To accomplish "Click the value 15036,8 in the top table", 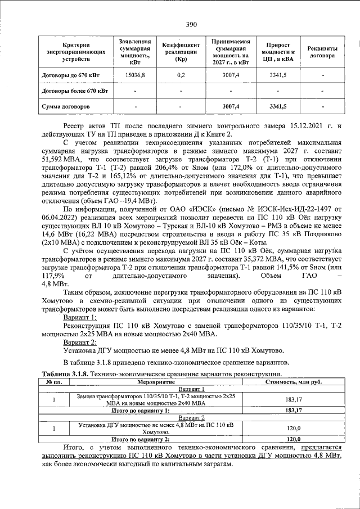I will [x=135, y=75].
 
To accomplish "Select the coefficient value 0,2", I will [x=181, y=75].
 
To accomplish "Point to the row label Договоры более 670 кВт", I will [x=75, y=90].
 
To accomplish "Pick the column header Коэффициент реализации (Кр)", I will [x=181, y=52].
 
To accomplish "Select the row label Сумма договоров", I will [x=66, y=106].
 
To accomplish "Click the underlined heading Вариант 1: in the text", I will [x=80, y=318].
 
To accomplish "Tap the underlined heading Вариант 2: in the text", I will [x=80, y=341].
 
